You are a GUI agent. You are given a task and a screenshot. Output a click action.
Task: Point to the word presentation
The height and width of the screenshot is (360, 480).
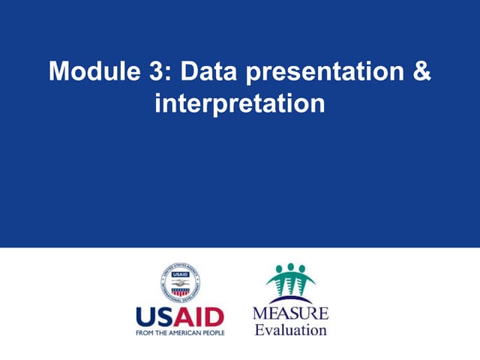pyautogui.click(x=322, y=72)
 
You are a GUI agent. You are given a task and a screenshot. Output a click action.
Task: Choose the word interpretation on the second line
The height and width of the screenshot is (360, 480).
pyautogui.click(x=239, y=103)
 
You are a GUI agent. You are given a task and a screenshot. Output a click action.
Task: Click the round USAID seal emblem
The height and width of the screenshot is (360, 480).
pyautogui.click(x=179, y=283)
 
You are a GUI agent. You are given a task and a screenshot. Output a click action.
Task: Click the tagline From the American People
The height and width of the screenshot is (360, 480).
pyautogui.click(x=179, y=331)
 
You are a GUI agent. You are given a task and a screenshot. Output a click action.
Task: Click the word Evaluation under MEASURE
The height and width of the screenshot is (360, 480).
pyautogui.click(x=290, y=329)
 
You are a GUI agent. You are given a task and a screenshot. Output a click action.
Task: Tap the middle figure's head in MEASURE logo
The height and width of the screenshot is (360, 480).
pyautogui.click(x=290, y=266)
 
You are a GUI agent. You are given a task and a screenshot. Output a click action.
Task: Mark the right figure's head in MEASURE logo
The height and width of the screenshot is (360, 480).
pyautogui.click(x=303, y=269)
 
